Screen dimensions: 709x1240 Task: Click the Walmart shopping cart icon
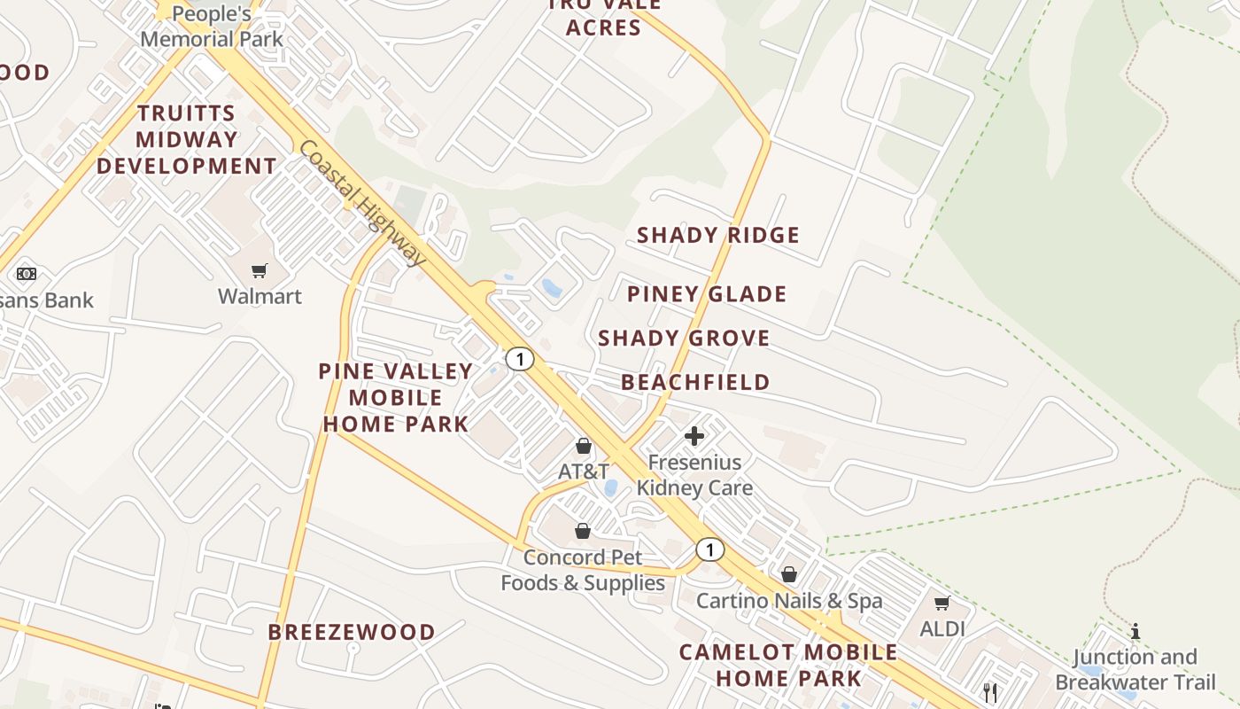point(259,270)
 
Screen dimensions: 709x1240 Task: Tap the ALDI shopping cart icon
point(942,604)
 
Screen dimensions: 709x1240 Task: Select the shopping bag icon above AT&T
point(583,445)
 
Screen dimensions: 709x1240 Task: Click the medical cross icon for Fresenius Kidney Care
point(694,435)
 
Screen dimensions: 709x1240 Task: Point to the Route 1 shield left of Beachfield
point(520,359)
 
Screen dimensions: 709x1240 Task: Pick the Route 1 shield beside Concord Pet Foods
point(709,549)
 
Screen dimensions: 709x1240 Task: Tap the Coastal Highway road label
point(361,203)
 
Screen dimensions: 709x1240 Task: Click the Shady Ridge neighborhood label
point(718,235)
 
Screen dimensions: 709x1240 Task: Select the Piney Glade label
point(707,294)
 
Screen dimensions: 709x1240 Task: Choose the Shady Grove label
point(684,339)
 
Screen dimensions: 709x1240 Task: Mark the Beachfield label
point(695,382)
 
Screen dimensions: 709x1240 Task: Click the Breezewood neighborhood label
point(352,632)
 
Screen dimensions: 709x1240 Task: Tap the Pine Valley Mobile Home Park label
point(395,397)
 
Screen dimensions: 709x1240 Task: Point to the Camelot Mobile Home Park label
point(788,666)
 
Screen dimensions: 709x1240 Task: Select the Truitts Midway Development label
point(186,140)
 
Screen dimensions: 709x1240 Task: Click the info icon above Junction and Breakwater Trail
point(1135,631)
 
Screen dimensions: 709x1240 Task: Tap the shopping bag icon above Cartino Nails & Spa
point(788,574)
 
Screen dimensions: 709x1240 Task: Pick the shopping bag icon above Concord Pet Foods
point(582,531)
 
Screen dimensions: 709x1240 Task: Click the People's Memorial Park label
point(212,27)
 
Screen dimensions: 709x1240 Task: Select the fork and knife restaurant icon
point(990,692)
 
